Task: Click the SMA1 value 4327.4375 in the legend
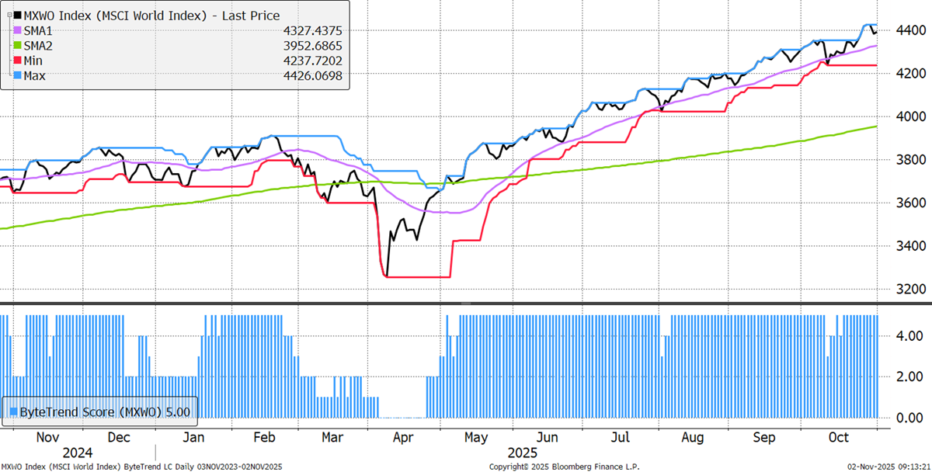[311, 31]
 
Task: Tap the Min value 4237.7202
[311, 61]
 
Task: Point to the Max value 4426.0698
[311, 75]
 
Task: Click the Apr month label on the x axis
[403, 438]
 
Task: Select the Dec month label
[119, 438]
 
